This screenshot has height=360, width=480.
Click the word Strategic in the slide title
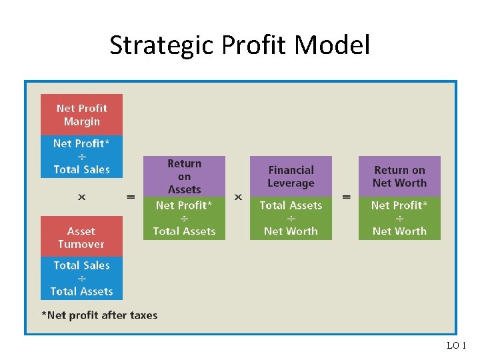[x=157, y=45]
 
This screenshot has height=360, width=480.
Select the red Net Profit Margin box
[x=82, y=115]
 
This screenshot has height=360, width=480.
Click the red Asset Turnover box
[x=81, y=237]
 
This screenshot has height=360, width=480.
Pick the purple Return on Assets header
[x=184, y=177]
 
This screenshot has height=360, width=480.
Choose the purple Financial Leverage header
[x=291, y=177]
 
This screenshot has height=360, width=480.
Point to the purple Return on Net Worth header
[x=399, y=177]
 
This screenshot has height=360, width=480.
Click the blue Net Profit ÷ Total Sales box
[x=81, y=157]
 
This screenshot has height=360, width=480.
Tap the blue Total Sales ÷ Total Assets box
[x=81, y=278]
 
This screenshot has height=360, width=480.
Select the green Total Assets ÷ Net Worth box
[x=291, y=218]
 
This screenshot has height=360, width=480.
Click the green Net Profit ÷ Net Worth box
[x=399, y=218]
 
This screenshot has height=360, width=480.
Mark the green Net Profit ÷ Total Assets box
[x=184, y=218]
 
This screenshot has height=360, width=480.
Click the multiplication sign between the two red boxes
[x=81, y=197]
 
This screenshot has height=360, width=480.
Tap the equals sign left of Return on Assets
[x=131, y=197]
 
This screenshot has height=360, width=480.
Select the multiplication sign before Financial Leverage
[x=238, y=197]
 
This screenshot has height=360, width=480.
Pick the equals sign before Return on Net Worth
[x=346, y=197]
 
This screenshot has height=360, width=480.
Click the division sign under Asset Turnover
[x=81, y=279]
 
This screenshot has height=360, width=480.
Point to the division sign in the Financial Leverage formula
[x=291, y=219]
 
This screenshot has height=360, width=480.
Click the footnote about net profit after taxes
[x=99, y=315]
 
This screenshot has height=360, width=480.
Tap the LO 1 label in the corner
[x=457, y=345]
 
